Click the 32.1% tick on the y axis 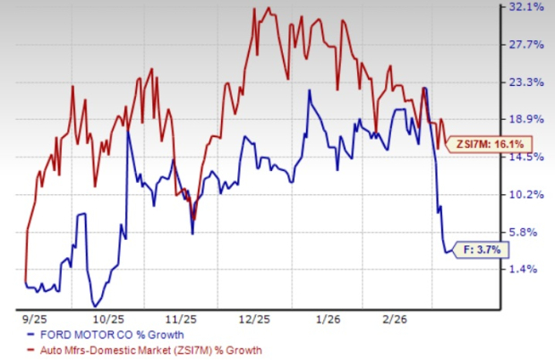tap(526, 7)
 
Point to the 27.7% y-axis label tap(526, 45)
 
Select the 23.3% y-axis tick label tap(526, 82)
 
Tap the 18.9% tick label tap(526, 119)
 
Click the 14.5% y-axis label tap(526, 157)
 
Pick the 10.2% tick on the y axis tap(526, 194)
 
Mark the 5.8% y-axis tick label tap(529, 231)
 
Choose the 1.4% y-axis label tap(529, 269)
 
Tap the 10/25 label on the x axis tap(107, 318)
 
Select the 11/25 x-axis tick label tap(182, 318)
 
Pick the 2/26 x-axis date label tap(401, 318)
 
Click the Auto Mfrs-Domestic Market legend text tap(149, 350)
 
